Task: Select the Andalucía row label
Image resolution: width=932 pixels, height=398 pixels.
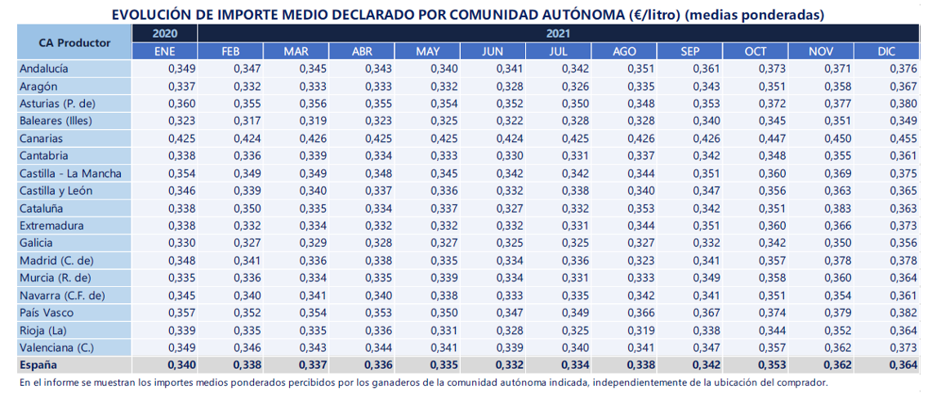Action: [x=44, y=69]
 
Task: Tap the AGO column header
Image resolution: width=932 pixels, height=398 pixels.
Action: [x=624, y=51]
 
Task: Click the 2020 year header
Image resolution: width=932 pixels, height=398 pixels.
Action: [x=165, y=34]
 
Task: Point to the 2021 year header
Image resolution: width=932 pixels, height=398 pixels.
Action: [x=558, y=34]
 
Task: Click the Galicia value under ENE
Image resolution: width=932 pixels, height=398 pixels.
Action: [x=182, y=244]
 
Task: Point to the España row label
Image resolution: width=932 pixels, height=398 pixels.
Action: [x=38, y=364]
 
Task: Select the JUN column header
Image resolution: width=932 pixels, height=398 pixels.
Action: [x=493, y=51]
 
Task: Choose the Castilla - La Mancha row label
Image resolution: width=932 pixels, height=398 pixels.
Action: [x=71, y=174]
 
